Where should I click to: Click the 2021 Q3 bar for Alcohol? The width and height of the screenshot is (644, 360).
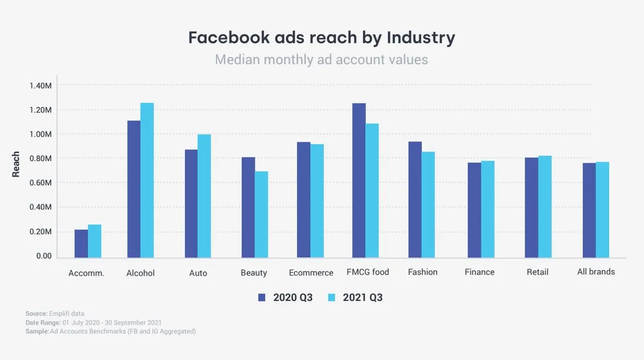(147, 180)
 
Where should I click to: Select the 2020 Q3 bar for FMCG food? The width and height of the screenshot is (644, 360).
(359, 180)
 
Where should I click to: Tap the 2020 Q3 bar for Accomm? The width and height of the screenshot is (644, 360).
(81, 244)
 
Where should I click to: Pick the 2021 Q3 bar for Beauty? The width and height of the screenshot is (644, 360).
(261, 214)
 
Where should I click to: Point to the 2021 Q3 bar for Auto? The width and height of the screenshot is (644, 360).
(204, 196)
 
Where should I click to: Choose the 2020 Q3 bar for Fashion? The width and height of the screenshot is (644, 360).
(415, 200)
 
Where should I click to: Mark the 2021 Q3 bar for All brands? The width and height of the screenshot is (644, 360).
(602, 210)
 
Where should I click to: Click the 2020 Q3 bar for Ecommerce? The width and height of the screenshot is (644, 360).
(303, 200)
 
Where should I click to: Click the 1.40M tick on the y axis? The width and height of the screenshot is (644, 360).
(41, 86)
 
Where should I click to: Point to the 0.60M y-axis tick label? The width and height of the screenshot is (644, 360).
(41, 183)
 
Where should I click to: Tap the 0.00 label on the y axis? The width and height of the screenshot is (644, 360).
(44, 256)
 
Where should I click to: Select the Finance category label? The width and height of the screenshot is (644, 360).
(479, 272)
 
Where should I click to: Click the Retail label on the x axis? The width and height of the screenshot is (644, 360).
(537, 272)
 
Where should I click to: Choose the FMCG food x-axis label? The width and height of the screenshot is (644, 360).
(368, 272)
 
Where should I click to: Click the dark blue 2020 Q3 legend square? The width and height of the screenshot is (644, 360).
(262, 297)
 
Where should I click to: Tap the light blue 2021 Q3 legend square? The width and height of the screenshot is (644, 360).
(332, 297)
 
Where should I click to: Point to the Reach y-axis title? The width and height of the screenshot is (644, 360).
(16, 164)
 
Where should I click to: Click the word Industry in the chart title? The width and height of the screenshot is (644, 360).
(421, 38)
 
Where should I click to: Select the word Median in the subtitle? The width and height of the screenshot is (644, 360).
(237, 59)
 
